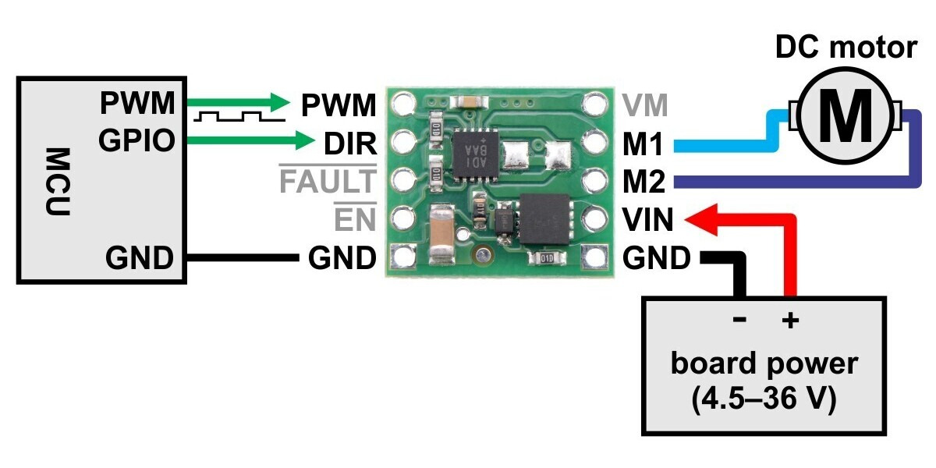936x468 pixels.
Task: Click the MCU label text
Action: (x=58, y=181)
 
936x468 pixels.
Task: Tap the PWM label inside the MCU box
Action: (x=136, y=103)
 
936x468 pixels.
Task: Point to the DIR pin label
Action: (x=349, y=143)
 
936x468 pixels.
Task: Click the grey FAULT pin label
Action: (x=327, y=182)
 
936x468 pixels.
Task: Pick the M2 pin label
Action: (x=644, y=183)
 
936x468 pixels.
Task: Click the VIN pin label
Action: (x=647, y=221)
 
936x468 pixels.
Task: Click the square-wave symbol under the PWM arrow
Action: (x=235, y=119)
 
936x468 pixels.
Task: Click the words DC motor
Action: (x=846, y=48)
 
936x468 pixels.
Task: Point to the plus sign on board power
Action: (x=790, y=320)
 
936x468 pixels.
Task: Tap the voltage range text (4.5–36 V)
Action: (x=764, y=399)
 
